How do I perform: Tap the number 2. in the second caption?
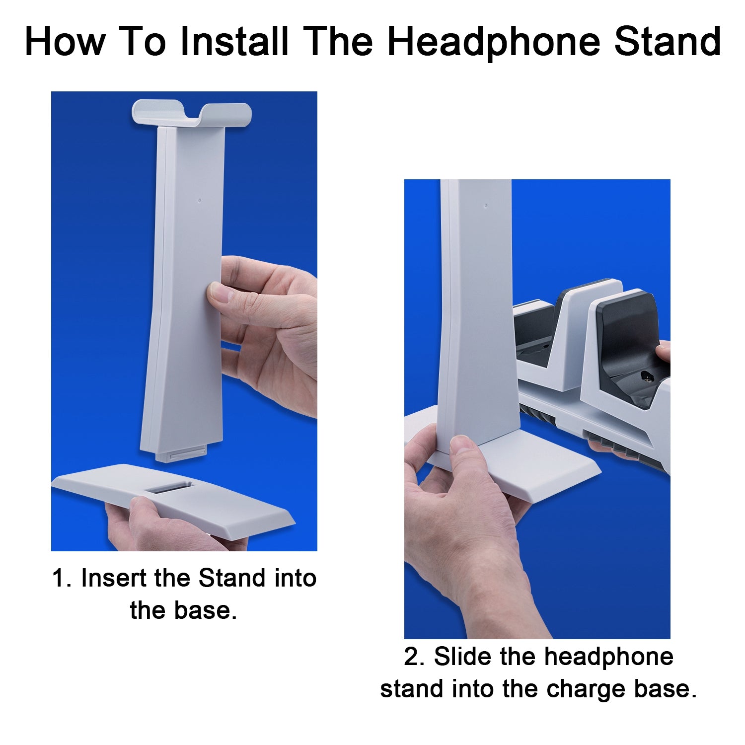(x=415, y=657)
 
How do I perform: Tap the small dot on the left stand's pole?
(x=200, y=201)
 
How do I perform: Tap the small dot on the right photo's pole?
(x=486, y=205)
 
